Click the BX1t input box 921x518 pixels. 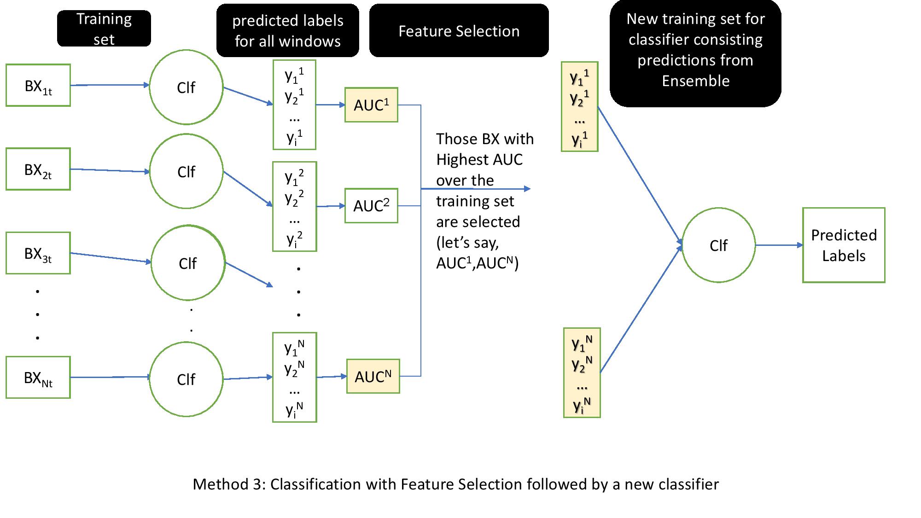click(38, 86)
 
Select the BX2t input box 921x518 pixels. click(38, 169)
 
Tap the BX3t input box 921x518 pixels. click(38, 253)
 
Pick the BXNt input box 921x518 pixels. click(38, 378)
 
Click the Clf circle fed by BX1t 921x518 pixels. click(186, 87)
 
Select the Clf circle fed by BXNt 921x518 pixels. click(186, 379)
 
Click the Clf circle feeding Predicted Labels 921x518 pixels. click(718, 245)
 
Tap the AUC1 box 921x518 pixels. click(371, 105)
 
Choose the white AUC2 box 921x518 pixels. click(371, 206)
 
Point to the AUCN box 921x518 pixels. click(373, 377)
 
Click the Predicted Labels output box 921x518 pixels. click(844, 245)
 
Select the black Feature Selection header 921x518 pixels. click(459, 31)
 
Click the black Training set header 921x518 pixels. click(104, 29)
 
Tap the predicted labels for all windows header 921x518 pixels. click(287, 30)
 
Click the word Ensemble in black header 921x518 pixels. click(695, 81)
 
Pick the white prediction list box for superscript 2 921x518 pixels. click(295, 206)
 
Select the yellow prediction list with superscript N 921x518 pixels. click(582, 373)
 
